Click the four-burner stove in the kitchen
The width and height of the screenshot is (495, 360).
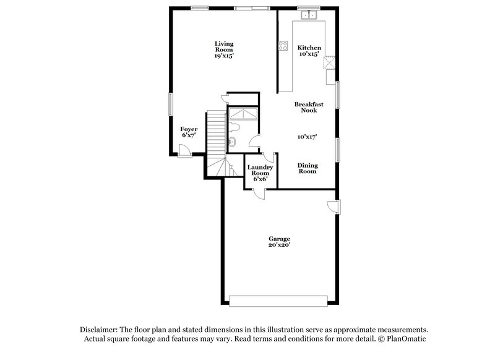283,45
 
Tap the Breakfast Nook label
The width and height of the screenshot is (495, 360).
309,108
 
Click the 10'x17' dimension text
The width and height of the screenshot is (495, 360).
307,137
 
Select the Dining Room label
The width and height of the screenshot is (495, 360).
308,168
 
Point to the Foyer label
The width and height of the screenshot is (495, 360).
189,132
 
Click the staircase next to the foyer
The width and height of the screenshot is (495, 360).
216,139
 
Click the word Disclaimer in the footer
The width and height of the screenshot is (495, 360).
98,330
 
